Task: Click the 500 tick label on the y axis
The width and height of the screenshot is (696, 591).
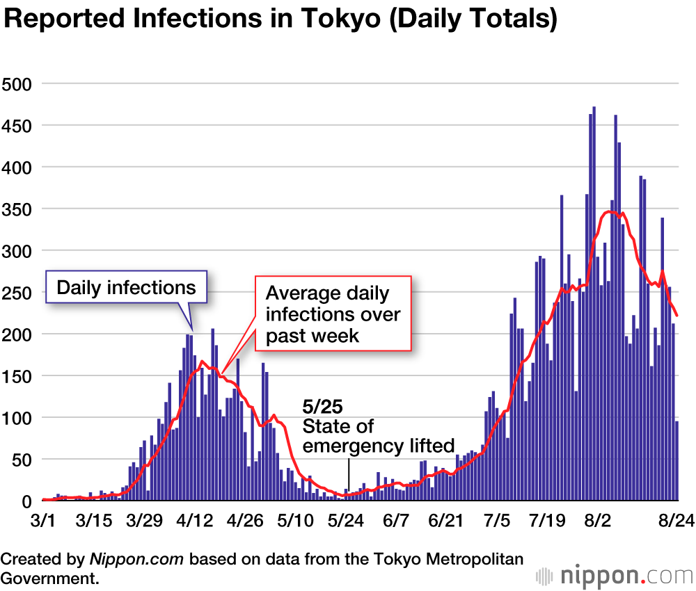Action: pos(17,84)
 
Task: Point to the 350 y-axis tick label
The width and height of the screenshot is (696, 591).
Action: pos(17,209)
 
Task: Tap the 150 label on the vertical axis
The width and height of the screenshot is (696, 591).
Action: pos(17,376)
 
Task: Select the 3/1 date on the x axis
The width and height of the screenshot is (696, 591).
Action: pos(43,520)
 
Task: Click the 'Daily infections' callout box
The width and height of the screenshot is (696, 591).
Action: pos(126,287)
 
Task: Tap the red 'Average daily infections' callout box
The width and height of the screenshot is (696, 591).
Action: pos(333,314)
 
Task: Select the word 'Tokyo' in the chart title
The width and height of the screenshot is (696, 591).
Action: pos(333,19)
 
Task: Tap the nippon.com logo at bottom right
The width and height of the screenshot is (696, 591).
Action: pos(615,576)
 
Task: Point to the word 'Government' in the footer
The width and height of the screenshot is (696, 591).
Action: pos(48,577)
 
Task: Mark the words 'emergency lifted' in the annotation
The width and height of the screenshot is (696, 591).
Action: pos(379,445)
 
